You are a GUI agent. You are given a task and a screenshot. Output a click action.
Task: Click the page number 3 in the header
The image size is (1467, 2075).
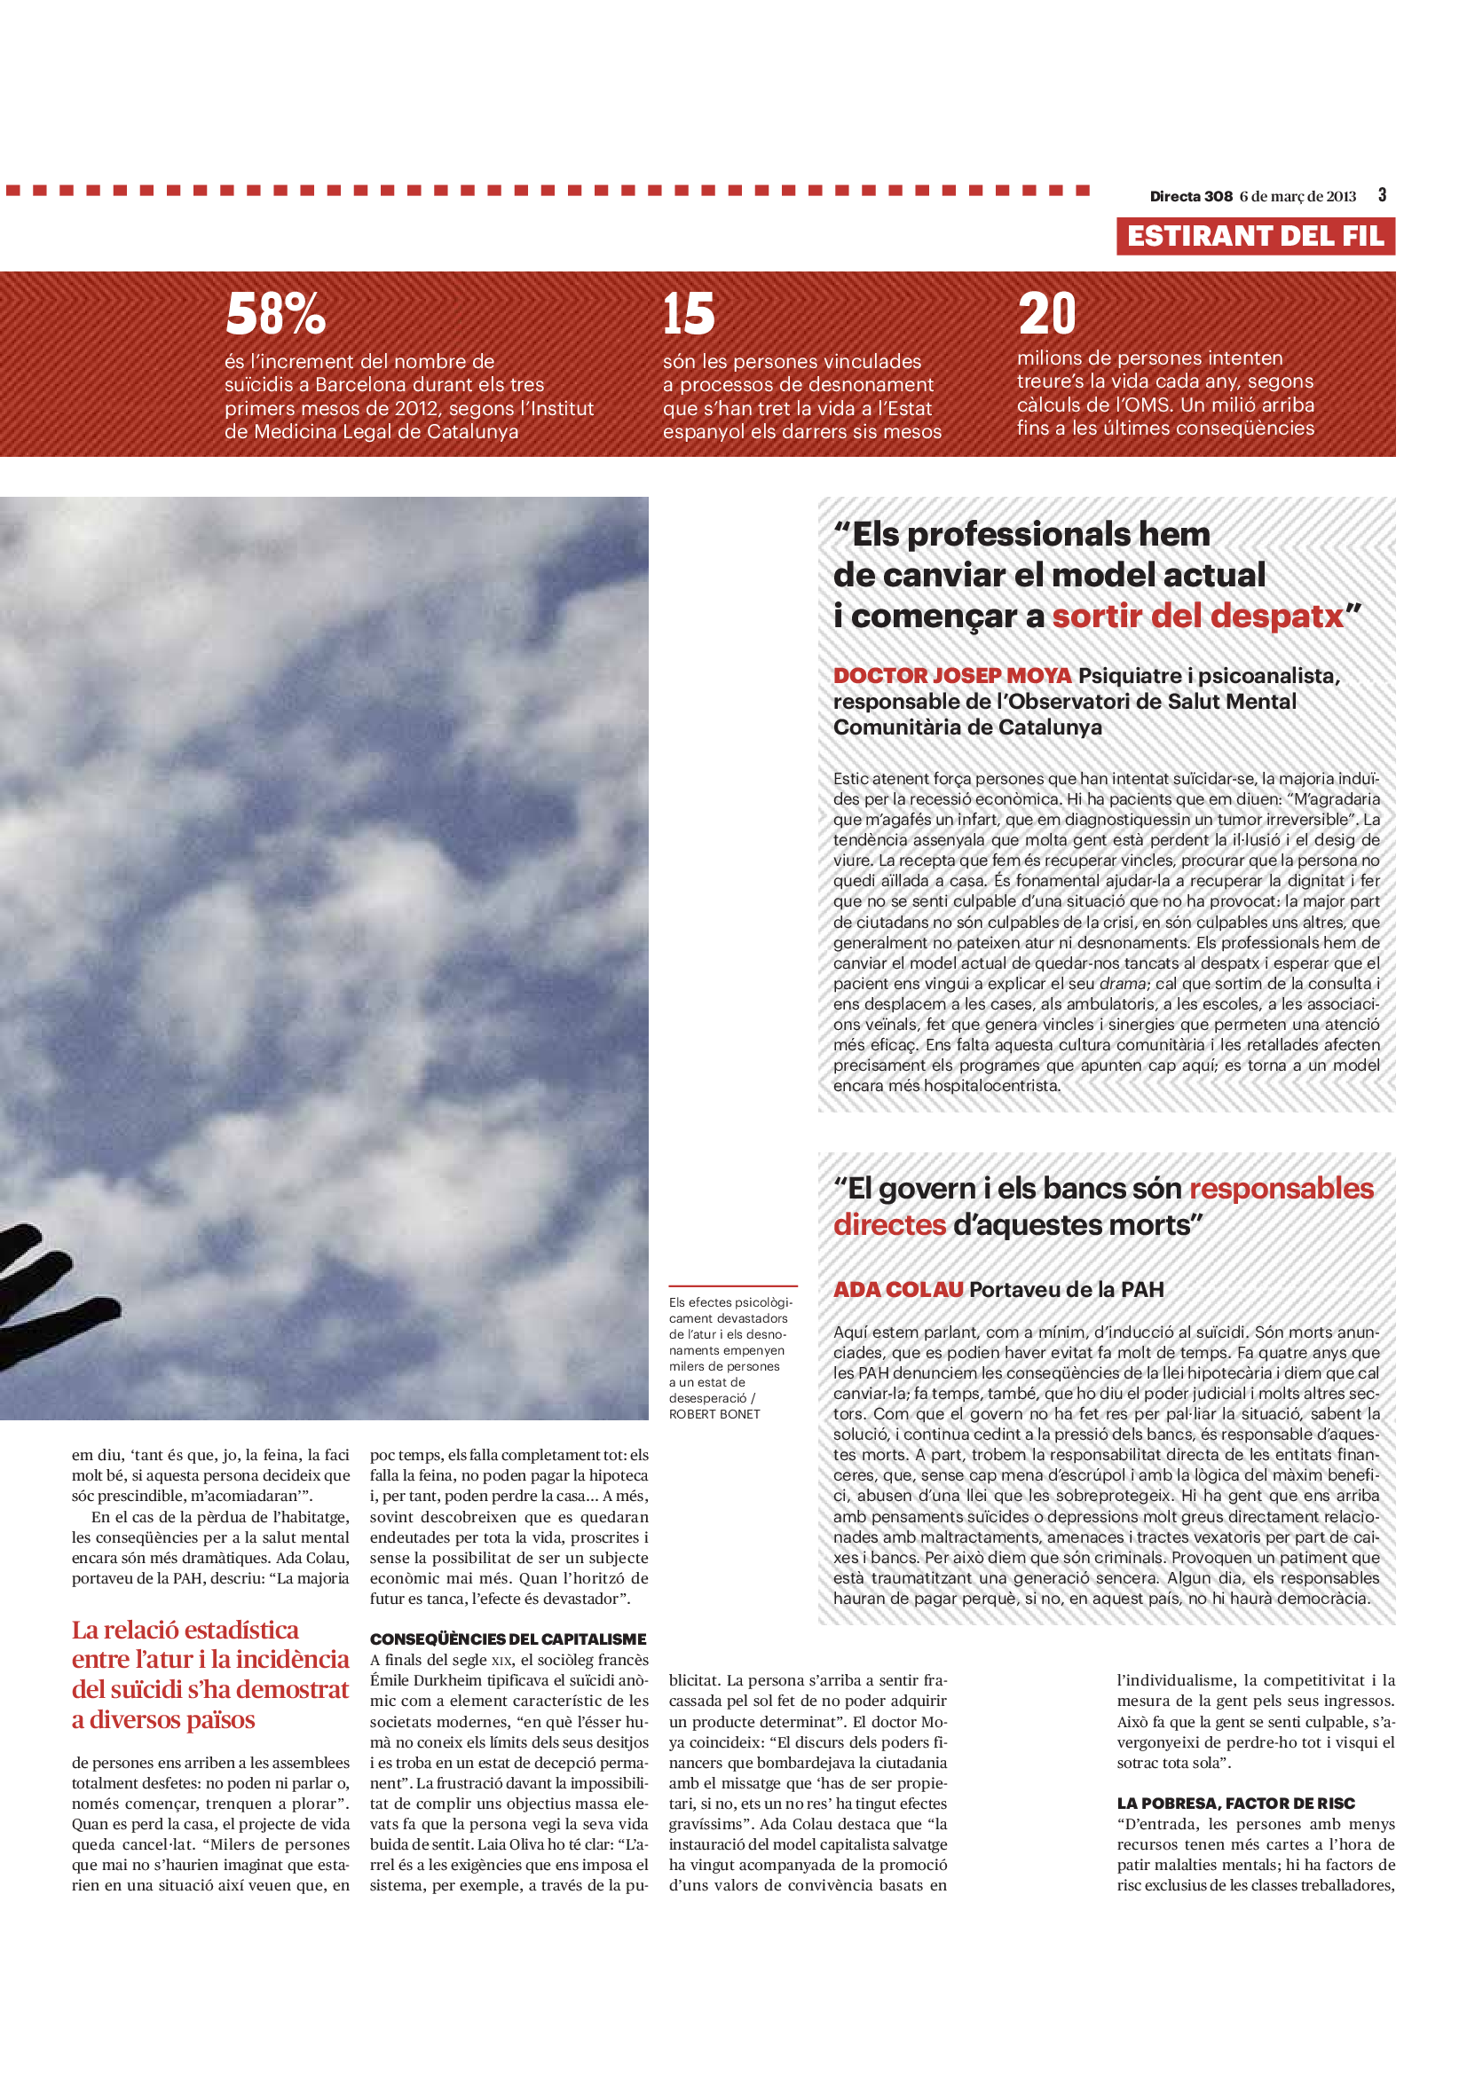1382,194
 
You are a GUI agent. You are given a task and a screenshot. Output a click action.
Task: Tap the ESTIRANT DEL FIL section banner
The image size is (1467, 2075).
1255,236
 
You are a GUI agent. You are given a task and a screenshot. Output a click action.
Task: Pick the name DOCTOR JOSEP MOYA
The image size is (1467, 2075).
951,675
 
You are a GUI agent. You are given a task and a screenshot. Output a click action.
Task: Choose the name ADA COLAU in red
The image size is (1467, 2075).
897,1290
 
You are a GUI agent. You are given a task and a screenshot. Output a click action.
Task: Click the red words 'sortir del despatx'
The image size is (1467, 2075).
1196,616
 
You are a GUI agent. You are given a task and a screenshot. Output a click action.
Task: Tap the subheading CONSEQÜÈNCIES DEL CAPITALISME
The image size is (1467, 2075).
508,1639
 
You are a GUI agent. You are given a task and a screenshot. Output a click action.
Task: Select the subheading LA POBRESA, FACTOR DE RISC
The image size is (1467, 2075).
1235,1803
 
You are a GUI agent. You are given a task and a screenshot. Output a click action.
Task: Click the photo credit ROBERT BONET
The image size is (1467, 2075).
714,1414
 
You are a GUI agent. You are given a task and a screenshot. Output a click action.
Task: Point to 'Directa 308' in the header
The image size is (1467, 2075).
1190,196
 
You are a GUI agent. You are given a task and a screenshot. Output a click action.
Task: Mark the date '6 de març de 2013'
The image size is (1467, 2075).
1297,196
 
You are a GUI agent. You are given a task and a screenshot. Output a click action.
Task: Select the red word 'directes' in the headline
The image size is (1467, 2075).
888,1224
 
